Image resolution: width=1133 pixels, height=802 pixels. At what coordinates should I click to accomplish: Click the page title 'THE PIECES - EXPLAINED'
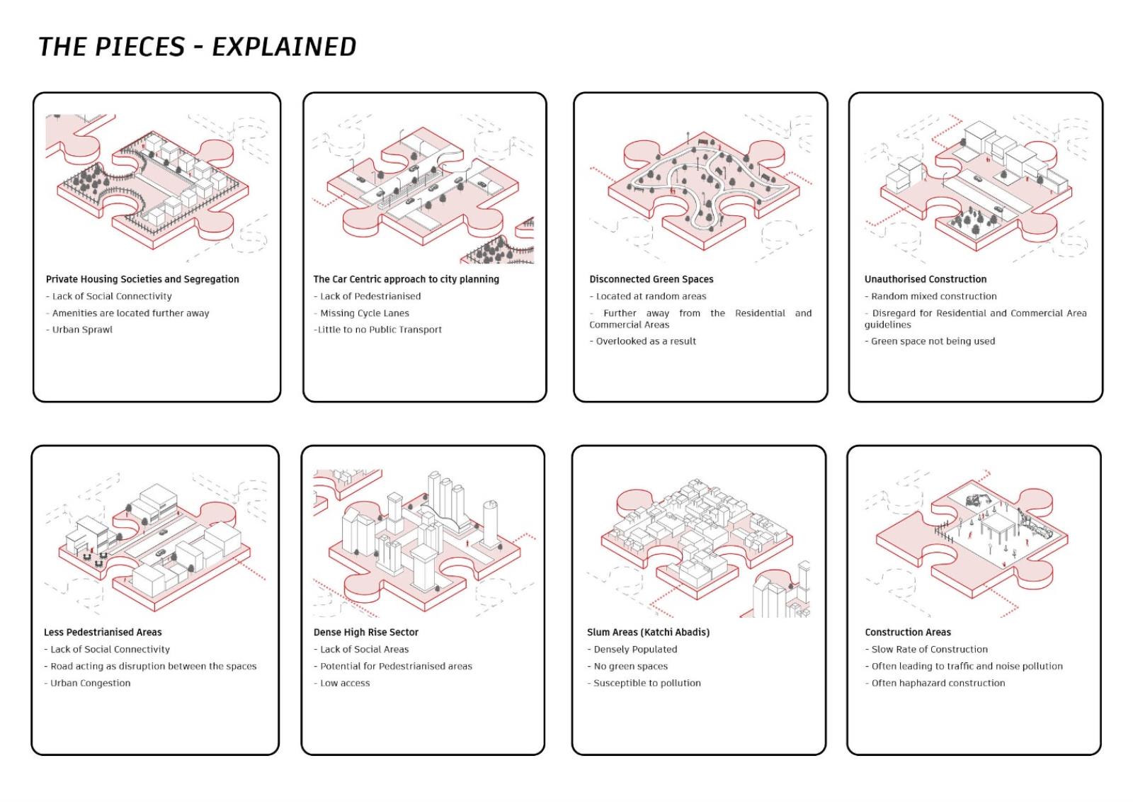pos(198,47)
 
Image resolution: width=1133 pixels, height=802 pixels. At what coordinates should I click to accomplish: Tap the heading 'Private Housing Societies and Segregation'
pos(142,279)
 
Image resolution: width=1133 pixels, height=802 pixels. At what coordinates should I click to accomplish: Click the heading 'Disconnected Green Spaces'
pos(651,279)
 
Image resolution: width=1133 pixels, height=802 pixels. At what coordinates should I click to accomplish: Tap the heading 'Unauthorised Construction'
pos(926,279)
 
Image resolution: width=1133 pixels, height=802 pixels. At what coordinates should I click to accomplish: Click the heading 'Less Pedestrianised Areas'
pos(103,633)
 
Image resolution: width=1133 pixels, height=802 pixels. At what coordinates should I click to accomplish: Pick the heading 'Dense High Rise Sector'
pos(366,633)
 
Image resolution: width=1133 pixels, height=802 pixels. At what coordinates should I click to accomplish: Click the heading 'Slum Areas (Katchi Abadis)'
pos(649,633)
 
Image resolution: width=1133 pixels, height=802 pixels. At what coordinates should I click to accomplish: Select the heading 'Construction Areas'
pos(908,633)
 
